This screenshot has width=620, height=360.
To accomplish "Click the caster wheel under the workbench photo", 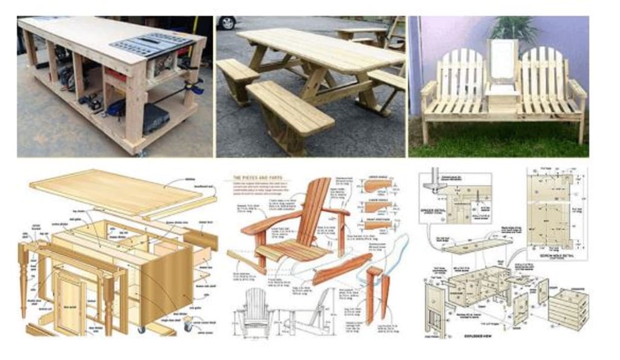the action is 141,152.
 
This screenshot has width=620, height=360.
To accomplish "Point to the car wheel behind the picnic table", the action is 227,23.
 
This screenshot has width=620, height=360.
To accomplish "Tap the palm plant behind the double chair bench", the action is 515,28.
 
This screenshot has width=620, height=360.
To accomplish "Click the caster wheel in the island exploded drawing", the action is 141,329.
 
